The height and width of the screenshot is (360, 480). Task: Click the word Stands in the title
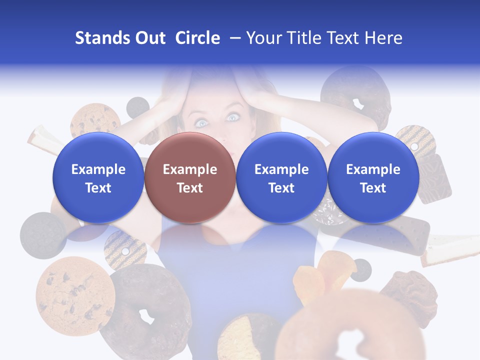coord(102,38)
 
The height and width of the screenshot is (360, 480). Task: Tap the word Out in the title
coord(149,38)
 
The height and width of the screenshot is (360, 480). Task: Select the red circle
coord(189,178)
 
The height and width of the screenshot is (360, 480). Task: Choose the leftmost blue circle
coord(98,178)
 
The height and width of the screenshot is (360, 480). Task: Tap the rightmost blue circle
coord(373,178)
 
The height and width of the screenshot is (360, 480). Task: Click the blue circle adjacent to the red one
coord(281,178)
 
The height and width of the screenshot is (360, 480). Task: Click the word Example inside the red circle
coord(189,169)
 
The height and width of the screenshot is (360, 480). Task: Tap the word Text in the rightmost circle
coord(373,188)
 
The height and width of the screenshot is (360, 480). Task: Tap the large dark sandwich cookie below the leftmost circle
coord(43,235)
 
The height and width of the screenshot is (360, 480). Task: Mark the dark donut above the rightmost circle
coord(355,95)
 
